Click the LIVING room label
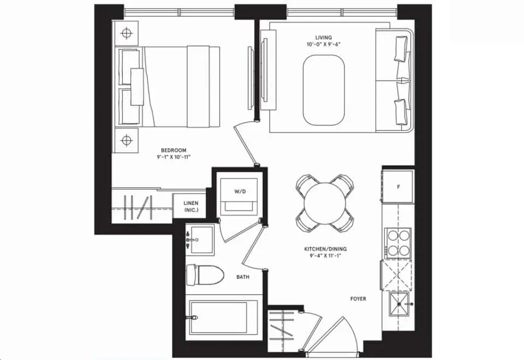click(x=324, y=37)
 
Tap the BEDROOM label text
click(x=174, y=151)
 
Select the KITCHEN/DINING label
click(x=325, y=249)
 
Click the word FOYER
click(x=358, y=299)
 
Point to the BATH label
click(x=243, y=277)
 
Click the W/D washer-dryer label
click(x=241, y=191)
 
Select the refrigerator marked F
click(x=398, y=187)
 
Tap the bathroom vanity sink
click(x=199, y=238)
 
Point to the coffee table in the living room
click(x=324, y=92)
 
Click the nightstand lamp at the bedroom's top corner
click(x=127, y=33)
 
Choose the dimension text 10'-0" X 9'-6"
click(x=324, y=44)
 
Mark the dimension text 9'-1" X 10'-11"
click(x=174, y=158)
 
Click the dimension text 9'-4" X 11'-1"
click(x=325, y=256)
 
